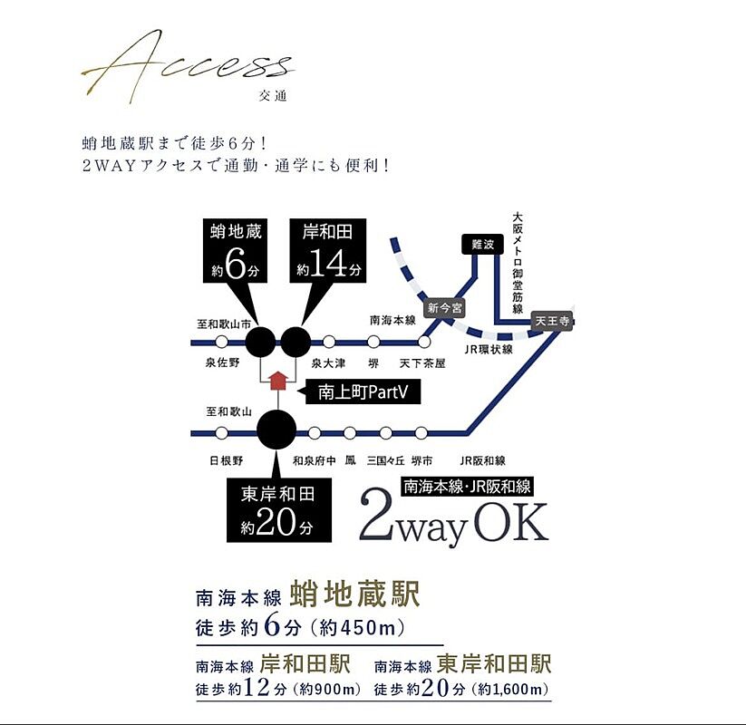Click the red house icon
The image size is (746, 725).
[278, 381]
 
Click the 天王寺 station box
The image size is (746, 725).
[551, 320]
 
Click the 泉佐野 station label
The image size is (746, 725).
[222, 362]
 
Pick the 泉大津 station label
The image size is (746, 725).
[327, 362]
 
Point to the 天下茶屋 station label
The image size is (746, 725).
[422, 362]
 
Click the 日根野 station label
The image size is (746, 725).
[226, 460]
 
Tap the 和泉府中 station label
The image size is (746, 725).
[314, 460]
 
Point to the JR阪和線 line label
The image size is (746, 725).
[482, 460]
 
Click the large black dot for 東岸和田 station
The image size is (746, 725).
[276, 430]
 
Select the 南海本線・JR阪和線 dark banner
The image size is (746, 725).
[467, 486]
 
